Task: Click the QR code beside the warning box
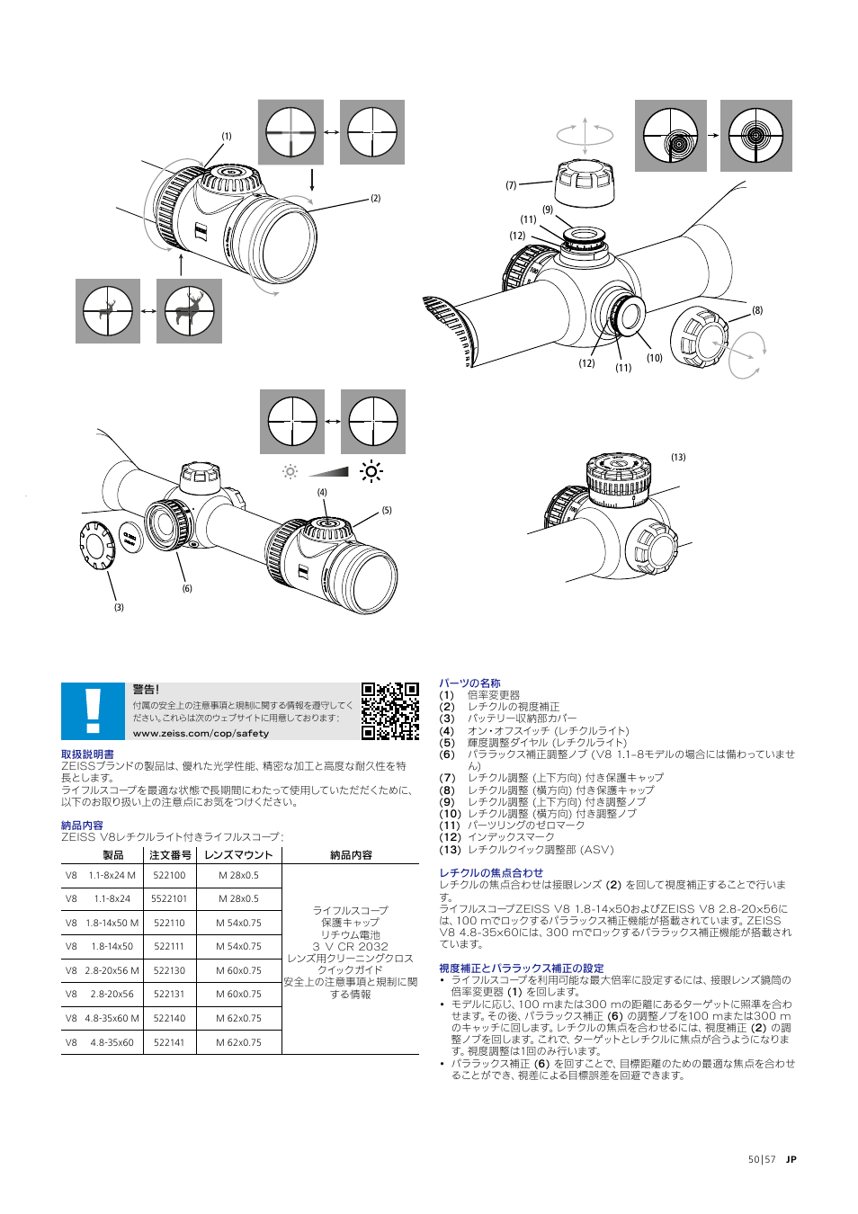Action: pyautogui.click(x=389, y=710)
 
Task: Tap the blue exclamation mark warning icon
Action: pyautogui.click(x=93, y=710)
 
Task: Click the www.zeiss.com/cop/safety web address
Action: pyautogui.click(x=201, y=734)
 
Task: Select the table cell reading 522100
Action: pyautogui.click(x=169, y=875)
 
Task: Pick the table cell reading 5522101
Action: pyautogui.click(x=169, y=898)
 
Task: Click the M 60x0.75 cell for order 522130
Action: pyautogui.click(x=238, y=970)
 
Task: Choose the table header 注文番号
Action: pyautogui.click(x=170, y=855)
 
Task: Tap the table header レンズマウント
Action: pyautogui.click(x=238, y=855)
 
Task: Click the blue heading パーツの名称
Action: pyautogui.click(x=469, y=683)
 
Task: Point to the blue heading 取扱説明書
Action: pyautogui.click(x=87, y=754)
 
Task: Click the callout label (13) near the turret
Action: pyautogui.click(x=678, y=458)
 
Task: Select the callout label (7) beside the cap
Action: pyautogui.click(x=511, y=185)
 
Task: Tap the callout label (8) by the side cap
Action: pyautogui.click(x=757, y=310)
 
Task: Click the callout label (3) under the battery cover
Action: pyautogui.click(x=119, y=608)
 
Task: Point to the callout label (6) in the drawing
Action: pyautogui.click(x=187, y=589)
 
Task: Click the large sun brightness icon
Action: pyautogui.click(x=371, y=471)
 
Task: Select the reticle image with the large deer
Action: pyautogui.click(x=189, y=311)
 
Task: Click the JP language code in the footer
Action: pyautogui.click(x=791, y=1159)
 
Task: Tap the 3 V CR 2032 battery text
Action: pyautogui.click(x=350, y=947)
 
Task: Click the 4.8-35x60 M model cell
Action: pyautogui.click(x=112, y=1018)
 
